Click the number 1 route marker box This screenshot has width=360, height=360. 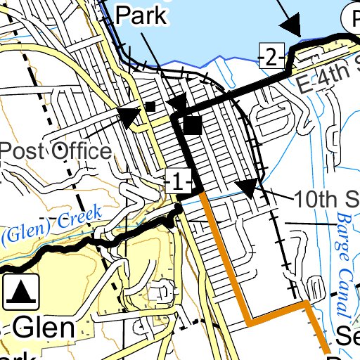coord(177,183)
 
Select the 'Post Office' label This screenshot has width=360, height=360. coord(55,150)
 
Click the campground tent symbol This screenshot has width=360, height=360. coord(21,291)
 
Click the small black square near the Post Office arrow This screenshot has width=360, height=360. coord(150,107)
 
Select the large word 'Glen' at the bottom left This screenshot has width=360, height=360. coord(44,328)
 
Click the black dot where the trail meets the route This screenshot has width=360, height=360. coord(179,208)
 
